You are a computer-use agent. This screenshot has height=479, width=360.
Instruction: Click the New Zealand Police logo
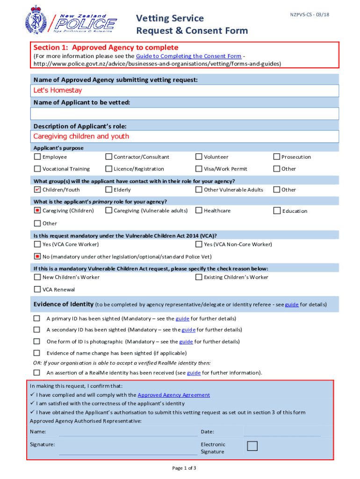71,20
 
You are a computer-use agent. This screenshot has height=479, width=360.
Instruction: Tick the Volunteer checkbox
199,157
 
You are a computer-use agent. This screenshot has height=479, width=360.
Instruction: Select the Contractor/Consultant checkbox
109,157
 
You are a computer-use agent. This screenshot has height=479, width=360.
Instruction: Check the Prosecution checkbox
277,157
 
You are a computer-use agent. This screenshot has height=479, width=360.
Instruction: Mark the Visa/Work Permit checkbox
199,168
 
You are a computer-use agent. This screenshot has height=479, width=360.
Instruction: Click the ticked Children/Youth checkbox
37,189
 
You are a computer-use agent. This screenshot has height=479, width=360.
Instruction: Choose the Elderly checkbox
109,189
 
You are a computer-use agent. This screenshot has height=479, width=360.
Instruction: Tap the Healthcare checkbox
199,210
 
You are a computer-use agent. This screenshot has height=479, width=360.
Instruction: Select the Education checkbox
277,211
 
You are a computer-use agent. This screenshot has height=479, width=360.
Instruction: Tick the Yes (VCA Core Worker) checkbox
37,244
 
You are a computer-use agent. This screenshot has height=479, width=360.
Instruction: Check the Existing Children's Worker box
199,277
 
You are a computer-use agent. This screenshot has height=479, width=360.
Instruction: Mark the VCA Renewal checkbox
37,290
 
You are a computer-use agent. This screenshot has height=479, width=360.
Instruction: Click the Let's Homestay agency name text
58,90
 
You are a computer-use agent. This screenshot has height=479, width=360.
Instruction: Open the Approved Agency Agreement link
173,395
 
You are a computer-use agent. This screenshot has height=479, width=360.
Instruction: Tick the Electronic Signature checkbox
252,446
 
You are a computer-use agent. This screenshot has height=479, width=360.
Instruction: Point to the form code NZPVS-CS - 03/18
306,15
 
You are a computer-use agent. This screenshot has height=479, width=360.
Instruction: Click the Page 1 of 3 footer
184,468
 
